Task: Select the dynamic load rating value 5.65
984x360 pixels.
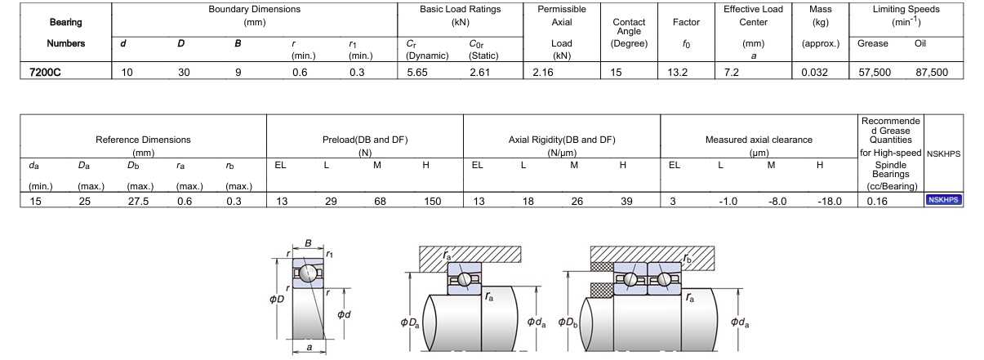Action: [416, 73]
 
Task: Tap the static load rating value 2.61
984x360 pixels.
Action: [481, 73]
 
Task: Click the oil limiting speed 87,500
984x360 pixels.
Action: [932, 73]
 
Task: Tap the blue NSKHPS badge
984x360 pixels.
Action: [942, 199]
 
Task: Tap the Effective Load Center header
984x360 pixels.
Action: [753, 16]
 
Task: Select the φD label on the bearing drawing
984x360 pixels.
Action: [277, 298]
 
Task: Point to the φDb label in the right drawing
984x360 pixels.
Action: [568, 322]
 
